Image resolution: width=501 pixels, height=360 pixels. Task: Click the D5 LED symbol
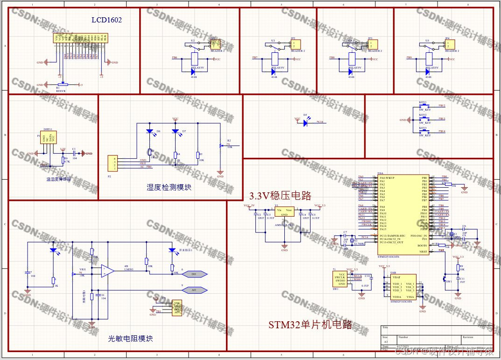tap(305, 123)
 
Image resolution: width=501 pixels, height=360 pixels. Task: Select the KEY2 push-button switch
tap(423, 119)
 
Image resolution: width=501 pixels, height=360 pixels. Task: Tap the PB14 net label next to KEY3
tap(442, 132)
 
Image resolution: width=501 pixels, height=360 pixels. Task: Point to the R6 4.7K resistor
tap(63, 160)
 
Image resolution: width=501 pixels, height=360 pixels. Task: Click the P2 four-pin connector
tap(112, 163)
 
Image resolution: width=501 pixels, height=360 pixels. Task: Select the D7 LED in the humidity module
tap(176, 132)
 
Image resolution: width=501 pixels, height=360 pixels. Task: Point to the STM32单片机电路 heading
tap(310, 325)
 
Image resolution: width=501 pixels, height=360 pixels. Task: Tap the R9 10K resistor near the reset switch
tap(458, 268)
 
